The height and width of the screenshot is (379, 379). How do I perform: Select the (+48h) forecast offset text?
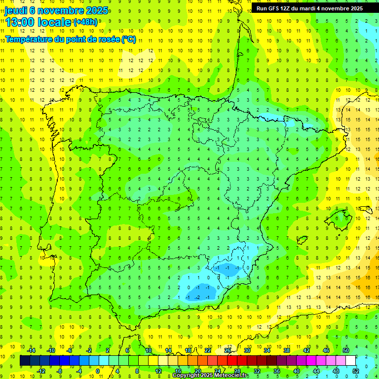pos(85,22)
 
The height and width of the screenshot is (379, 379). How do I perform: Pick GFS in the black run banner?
pos(277,8)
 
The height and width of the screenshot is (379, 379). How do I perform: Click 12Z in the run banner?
pos(291,8)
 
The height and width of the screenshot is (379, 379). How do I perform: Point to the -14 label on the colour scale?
pos(30,350)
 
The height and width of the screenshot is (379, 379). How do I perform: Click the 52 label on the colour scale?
pos(356,371)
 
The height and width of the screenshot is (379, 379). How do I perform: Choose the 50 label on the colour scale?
pos(346,350)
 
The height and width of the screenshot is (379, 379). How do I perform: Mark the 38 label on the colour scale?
pos(287,350)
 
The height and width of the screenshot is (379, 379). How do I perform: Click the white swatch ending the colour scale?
pos(351,361)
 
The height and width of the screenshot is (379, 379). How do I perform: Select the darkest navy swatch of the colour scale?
pos(25,361)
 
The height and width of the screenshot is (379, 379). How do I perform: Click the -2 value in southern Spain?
pos(197,297)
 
